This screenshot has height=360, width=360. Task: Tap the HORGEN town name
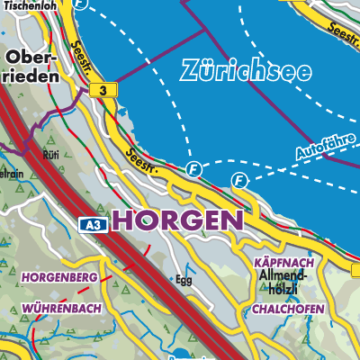(x=177, y=220)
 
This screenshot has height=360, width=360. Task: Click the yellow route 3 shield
(x=105, y=91)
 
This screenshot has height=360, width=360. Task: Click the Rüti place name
(x=50, y=154)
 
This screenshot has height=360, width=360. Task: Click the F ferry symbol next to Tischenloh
(x=81, y=4)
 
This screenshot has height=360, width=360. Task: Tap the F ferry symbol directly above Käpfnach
(x=239, y=181)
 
